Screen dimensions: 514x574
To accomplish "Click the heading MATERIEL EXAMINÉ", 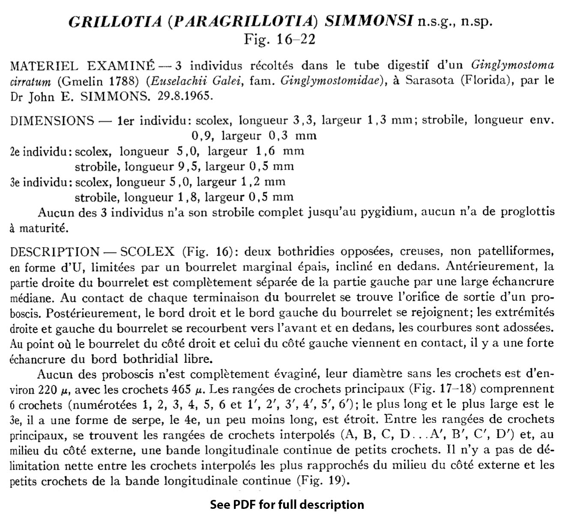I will [x=82, y=66].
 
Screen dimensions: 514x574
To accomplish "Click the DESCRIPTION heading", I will [x=55, y=251].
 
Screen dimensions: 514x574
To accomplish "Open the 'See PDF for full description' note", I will [x=287, y=505].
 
